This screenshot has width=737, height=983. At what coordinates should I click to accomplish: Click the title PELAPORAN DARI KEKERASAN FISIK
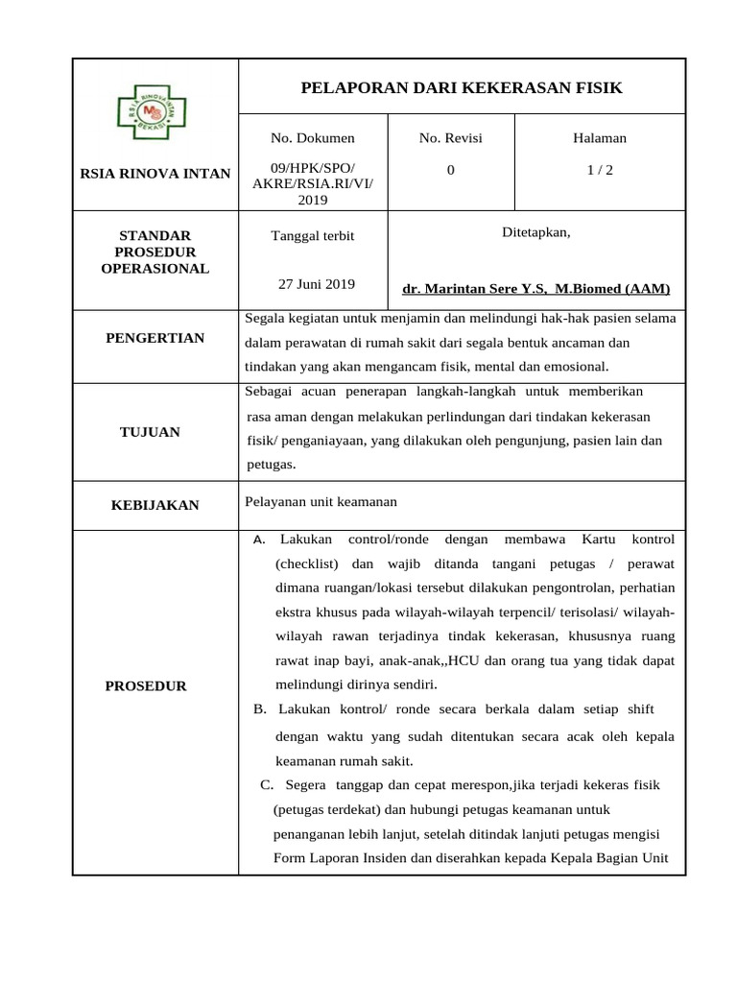(462, 88)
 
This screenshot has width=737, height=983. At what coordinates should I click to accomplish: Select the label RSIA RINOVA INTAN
(155, 174)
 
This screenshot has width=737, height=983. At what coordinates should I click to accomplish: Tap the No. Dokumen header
(312, 138)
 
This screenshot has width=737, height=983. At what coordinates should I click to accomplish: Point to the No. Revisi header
(450, 138)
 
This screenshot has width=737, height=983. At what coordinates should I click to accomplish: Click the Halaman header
(600, 138)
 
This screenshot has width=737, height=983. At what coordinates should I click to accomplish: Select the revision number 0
(450, 169)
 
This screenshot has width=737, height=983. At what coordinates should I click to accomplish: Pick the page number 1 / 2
(600, 169)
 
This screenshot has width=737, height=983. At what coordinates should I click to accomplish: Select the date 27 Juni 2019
(316, 284)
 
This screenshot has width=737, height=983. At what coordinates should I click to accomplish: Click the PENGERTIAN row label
(155, 339)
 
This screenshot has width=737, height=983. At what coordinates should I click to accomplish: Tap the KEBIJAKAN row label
(155, 505)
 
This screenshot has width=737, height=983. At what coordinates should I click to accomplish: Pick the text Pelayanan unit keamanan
(321, 502)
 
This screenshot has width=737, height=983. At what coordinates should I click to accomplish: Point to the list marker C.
(267, 785)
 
